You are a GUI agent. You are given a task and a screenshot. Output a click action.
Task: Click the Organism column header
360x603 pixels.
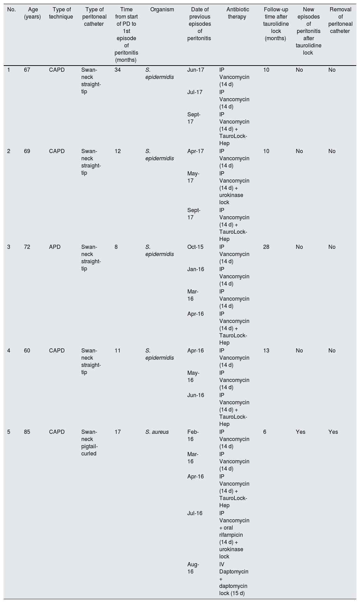(x=162, y=10)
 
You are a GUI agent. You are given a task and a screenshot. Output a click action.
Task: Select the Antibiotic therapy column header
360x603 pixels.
(x=237, y=13)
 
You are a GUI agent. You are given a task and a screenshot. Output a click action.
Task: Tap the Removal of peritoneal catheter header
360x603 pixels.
(x=340, y=20)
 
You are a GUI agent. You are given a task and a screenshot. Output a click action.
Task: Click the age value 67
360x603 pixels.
(x=27, y=70)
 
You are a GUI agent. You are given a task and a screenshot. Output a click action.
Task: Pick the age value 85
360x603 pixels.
(x=27, y=432)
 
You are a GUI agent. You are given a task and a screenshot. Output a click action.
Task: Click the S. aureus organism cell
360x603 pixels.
(x=157, y=432)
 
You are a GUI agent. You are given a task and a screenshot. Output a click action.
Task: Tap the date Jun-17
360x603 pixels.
(x=196, y=70)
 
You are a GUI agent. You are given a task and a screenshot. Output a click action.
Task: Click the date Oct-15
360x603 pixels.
(x=195, y=247)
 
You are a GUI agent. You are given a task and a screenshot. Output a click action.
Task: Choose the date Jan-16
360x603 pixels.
(x=196, y=269)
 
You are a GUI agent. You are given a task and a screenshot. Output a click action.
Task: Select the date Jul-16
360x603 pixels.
(x=195, y=513)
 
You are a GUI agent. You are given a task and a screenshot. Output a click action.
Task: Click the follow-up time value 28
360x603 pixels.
(x=266, y=247)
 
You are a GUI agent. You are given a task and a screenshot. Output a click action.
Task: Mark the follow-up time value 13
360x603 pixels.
(x=266, y=350)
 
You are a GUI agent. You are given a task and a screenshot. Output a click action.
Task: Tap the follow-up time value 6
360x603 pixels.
(x=265, y=432)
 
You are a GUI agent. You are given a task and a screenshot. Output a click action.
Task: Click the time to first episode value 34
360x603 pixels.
(x=118, y=70)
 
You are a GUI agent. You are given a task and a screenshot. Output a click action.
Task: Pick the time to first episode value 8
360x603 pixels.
(x=116, y=247)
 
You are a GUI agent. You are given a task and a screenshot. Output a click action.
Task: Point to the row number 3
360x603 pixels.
(x=9, y=247)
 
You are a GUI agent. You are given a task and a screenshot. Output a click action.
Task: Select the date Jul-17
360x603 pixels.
(x=195, y=92)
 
